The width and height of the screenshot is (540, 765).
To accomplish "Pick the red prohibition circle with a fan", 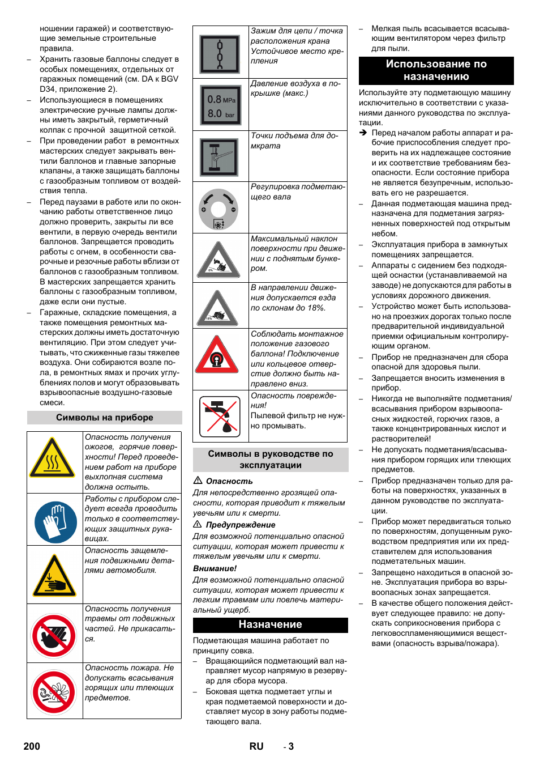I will point(54,692).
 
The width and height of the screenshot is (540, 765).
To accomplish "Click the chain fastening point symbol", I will point(220,54).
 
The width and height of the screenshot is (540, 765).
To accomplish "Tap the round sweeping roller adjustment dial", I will point(218,209).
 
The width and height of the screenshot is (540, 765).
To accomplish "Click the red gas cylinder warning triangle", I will point(217,356).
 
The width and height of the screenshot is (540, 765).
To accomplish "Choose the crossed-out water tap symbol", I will point(220,416).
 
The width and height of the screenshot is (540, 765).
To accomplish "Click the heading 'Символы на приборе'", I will point(105,418).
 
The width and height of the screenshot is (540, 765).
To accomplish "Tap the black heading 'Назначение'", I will point(270,624).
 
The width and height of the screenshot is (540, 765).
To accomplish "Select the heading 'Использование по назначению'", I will point(436,70).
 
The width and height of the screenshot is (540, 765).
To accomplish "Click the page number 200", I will point(32,746).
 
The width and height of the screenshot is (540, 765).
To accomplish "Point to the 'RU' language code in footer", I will point(256,746).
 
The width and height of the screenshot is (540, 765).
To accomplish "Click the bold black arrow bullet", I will point(363,133).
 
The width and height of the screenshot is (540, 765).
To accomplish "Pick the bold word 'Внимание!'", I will point(215,568).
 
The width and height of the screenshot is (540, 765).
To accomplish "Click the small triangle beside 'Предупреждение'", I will point(198,524).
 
